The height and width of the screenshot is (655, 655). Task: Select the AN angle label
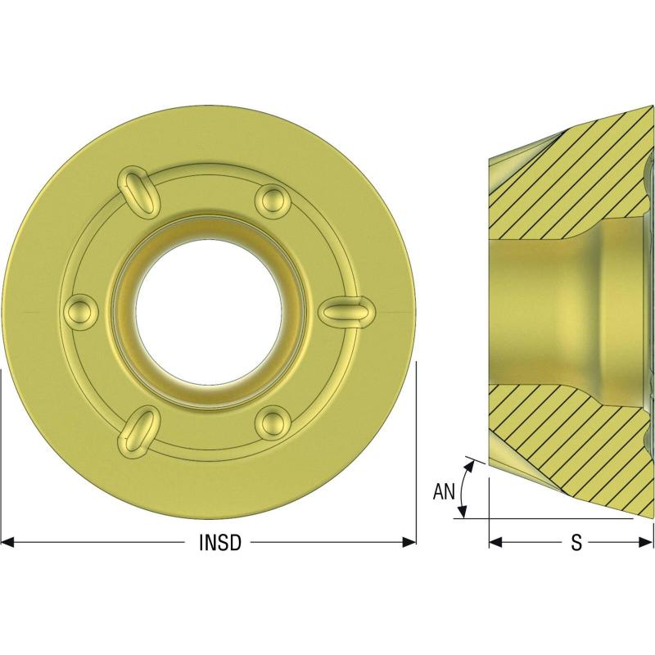[444, 492]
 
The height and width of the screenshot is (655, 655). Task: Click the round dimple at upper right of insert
[273, 199]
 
